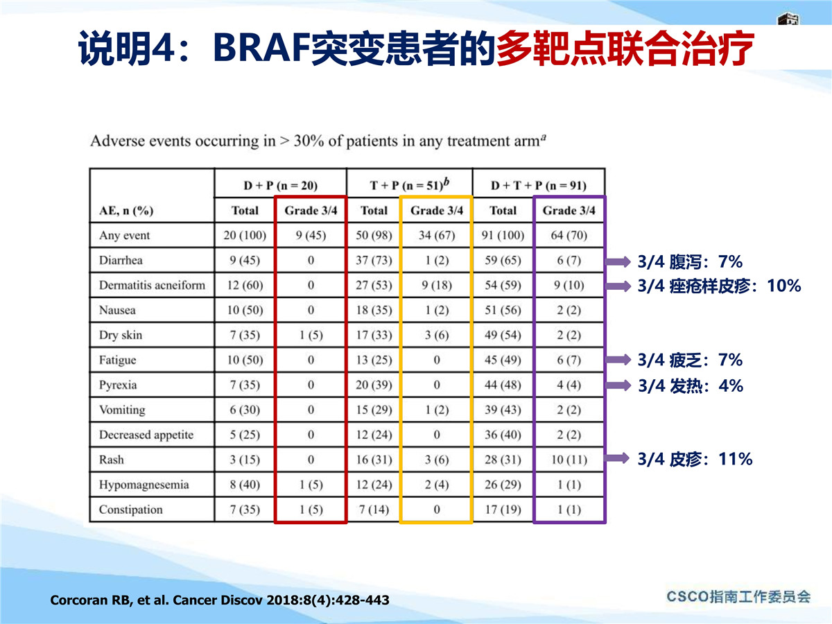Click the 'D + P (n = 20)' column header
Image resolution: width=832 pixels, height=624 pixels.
click(x=281, y=186)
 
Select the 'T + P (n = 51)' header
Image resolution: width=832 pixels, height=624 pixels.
click(x=410, y=184)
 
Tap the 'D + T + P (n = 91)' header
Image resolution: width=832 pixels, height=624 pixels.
click(x=539, y=186)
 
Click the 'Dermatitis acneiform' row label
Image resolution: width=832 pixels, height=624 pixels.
click(x=152, y=285)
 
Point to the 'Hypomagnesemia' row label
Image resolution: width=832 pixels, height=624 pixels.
click(x=144, y=485)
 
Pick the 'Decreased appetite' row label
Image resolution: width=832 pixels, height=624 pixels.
click(x=146, y=435)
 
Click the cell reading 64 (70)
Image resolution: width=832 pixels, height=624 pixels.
click(x=569, y=235)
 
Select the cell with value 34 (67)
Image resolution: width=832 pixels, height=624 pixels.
click(x=437, y=235)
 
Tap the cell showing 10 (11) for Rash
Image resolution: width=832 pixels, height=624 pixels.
click(x=569, y=460)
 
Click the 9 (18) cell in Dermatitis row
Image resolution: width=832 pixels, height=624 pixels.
click(x=437, y=285)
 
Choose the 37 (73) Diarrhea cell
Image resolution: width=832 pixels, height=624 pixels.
click(x=374, y=260)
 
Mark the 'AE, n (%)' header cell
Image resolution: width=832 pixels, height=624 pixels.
click(x=126, y=211)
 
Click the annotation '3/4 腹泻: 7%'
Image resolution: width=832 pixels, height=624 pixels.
click(x=690, y=262)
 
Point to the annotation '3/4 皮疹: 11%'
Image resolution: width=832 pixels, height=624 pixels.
click(x=695, y=459)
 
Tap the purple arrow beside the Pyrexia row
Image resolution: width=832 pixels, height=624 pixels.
click(x=618, y=385)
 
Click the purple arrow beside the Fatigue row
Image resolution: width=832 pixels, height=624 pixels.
click(x=618, y=360)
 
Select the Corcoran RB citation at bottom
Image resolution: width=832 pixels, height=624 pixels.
click(x=220, y=600)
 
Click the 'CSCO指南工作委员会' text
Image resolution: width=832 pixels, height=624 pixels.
click(x=738, y=597)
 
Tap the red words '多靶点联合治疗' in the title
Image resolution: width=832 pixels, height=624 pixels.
click(x=625, y=49)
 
